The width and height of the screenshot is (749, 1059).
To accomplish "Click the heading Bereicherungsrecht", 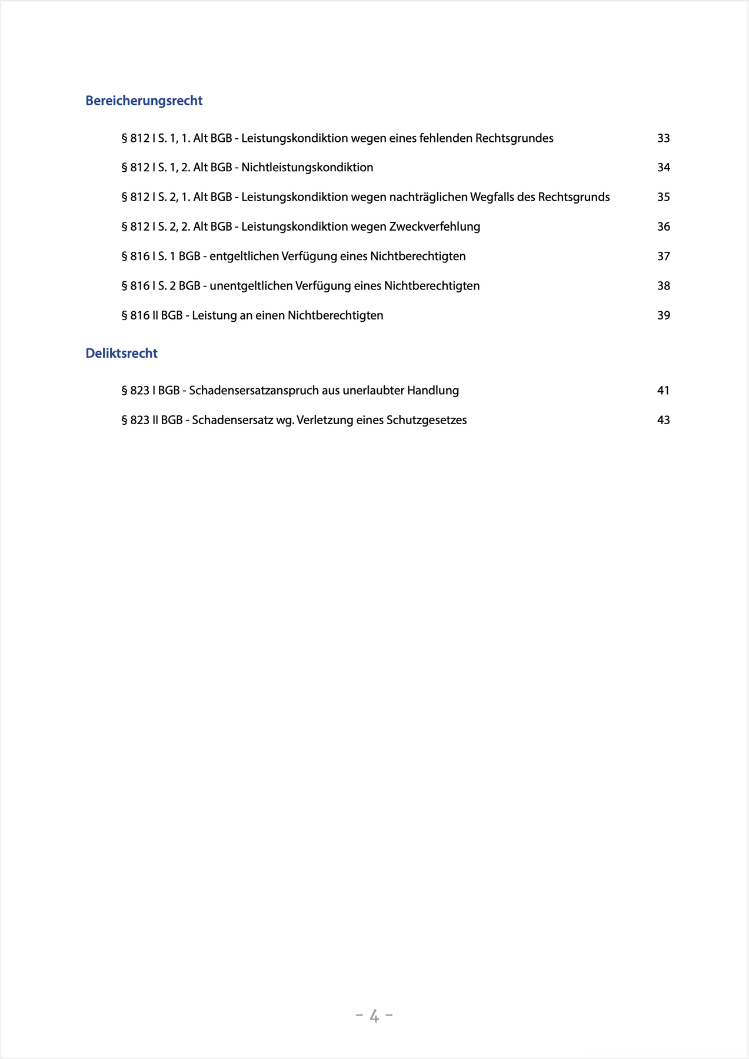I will coord(144,101).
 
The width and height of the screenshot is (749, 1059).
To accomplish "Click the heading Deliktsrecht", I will coord(121,353).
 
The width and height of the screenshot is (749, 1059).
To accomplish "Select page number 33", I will coord(663,138).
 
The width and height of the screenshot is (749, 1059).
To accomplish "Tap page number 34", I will coord(663,168).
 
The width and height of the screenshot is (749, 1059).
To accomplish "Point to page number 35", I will coord(663,197).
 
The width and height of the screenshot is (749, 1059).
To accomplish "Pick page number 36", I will coord(663,227).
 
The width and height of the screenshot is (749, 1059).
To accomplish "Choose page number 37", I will coord(663,256).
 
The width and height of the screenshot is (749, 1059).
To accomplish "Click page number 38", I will coord(663,286).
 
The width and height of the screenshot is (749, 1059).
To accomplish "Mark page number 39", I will coord(663,315).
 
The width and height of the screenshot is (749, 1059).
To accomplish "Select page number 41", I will coord(663,391).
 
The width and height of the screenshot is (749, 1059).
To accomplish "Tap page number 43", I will coord(663,420).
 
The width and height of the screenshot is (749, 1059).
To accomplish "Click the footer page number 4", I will coord(374,1016).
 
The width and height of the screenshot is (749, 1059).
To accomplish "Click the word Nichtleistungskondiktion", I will coord(307,168).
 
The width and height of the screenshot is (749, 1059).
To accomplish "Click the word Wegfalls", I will coord(492,197).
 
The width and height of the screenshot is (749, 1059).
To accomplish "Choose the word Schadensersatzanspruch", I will coord(254,391).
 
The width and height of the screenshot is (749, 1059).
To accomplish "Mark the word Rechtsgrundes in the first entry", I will coord(514,138).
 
